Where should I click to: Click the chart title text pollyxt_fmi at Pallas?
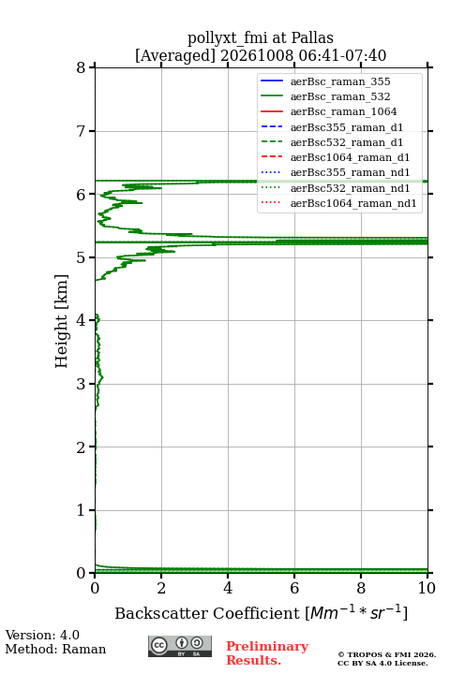pyautogui.click(x=260, y=37)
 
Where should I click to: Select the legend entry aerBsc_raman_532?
pyautogui.click(x=340, y=96)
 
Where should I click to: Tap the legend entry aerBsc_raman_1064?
pyautogui.click(x=344, y=111)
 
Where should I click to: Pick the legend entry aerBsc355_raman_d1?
pyautogui.click(x=347, y=127)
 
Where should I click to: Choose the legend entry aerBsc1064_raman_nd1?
pyautogui.click(x=353, y=203)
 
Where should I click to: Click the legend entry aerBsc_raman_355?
pyautogui.click(x=340, y=81)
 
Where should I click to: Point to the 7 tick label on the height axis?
pyautogui.click(x=81, y=131)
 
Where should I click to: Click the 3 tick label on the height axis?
pyautogui.click(x=81, y=384)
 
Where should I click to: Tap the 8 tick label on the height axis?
pyautogui.click(x=81, y=68)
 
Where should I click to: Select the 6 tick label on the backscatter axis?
pyautogui.click(x=294, y=588)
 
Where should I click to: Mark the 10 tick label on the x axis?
pyautogui.click(x=427, y=588)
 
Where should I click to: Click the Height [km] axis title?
pyautogui.click(x=62, y=321)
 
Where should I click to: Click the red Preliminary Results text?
pyautogui.click(x=267, y=653)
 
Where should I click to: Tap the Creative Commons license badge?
pyautogui.click(x=180, y=647)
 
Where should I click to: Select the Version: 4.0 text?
pyautogui.click(x=42, y=636)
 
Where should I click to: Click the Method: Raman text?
pyautogui.click(x=55, y=649)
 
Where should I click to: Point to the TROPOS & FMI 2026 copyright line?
pyautogui.click(x=386, y=654)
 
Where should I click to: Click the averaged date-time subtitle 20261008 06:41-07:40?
pyautogui.click(x=303, y=56)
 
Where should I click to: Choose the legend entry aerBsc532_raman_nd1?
pyautogui.click(x=350, y=188)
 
